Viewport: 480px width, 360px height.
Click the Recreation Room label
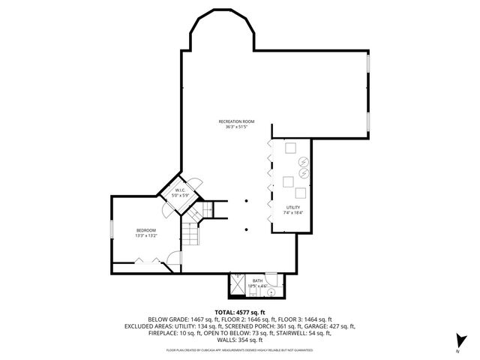pyautogui.click(x=237, y=121)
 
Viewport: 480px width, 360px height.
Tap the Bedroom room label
pyautogui.click(x=145, y=229)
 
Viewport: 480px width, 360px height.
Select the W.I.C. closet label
pyautogui.click(x=181, y=190)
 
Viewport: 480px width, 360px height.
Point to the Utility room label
pyautogui.click(x=292, y=207)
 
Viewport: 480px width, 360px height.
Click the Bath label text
pyautogui.click(x=257, y=280)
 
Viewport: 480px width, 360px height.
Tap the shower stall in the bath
pyautogui.click(x=238, y=283)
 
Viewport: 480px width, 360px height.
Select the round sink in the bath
pyautogui.click(x=274, y=282)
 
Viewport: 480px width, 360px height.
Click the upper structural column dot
pyautogui.click(x=247, y=201)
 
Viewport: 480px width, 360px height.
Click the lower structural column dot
pyautogui.click(x=247, y=229)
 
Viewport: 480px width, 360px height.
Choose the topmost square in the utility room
pyautogui.click(x=289, y=147)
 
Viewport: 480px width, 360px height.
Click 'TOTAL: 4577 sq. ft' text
pyautogui.click(x=239, y=311)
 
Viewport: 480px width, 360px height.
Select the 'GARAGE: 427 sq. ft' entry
pyautogui.click(x=335, y=326)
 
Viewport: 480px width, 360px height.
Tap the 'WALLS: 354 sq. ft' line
pyautogui.click(x=239, y=340)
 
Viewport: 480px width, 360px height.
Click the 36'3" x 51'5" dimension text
pyautogui.click(x=237, y=127)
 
